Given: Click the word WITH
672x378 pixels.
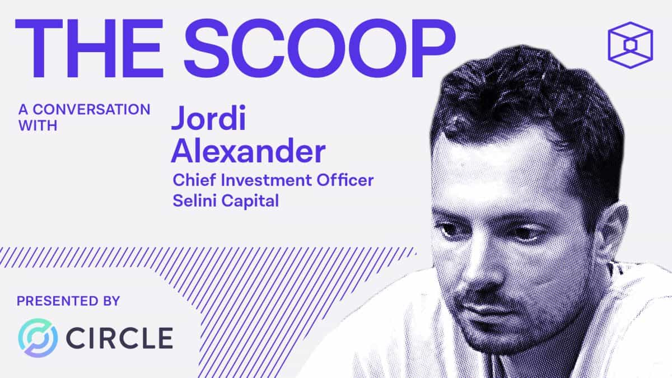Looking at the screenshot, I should (x=38, y=126).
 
